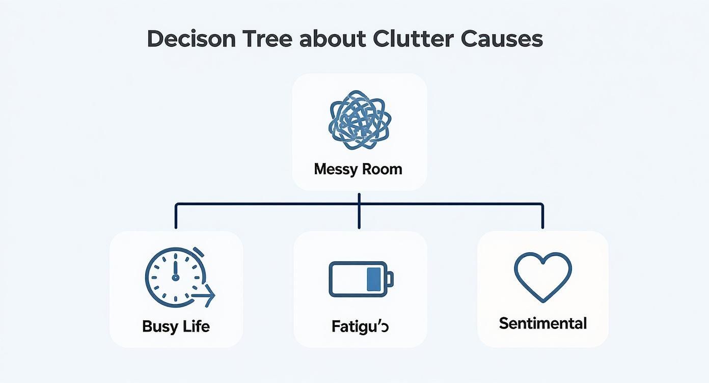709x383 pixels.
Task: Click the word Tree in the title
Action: pyautogui.click(x=266, y=39)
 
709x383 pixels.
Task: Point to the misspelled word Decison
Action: pyautogui.click(x=191, y=39)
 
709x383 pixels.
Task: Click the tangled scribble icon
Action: pyautogui.click(x=359, y=120)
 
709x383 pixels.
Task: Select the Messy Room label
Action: pyautogui.click(x=359, y=169)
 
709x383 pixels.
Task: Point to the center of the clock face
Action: pyautogui.click(x=175, y=278)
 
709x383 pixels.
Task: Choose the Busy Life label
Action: pyautogui.click(x=176, y=326)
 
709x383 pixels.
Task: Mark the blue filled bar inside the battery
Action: pyautogui.click(x=374, y=279)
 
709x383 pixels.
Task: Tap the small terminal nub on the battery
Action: pyautogui.click(x=390, y=279)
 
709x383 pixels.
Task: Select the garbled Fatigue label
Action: pyautogui.click(x=360, y=326)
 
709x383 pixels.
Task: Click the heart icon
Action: pyautogui.click(x=543, y=277)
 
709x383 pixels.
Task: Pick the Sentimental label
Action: pyautogui.click(x=543, y=323)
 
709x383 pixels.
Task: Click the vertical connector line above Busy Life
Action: pyautogui.click(x=176, y=216)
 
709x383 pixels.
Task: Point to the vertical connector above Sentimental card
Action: pyautogui.click(x=542, y=216)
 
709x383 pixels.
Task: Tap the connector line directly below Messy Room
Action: pyautogui.click(x=359, y=199)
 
